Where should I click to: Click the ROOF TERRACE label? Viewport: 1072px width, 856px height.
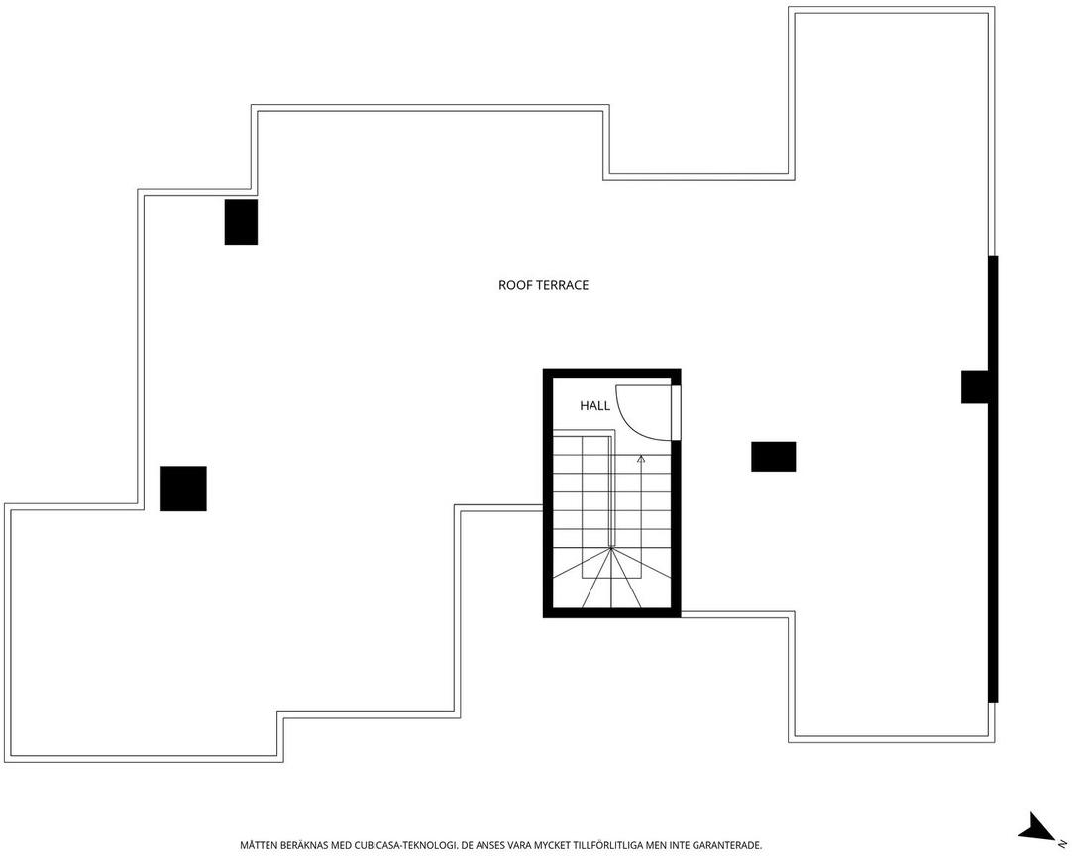[x=543, y=285]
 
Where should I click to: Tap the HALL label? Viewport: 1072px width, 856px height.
[x=594, y=406]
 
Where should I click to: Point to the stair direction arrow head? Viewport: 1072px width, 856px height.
[x=641, y=458]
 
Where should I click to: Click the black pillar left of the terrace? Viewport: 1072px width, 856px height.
[x=183, y=488]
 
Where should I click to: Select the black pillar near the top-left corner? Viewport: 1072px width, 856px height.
[x=242, y=222]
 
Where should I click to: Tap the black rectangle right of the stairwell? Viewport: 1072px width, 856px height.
[x=773, y=456]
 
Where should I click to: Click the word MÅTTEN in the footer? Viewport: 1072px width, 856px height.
[x=257, y=846]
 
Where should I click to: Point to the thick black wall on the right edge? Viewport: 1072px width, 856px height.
[x=993, y=479]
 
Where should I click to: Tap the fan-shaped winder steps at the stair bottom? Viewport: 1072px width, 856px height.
[x=612, y=578]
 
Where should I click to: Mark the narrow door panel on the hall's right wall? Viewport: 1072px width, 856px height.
[x=676, y=413]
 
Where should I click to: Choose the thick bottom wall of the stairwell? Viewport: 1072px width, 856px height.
[x=612, y=613]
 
